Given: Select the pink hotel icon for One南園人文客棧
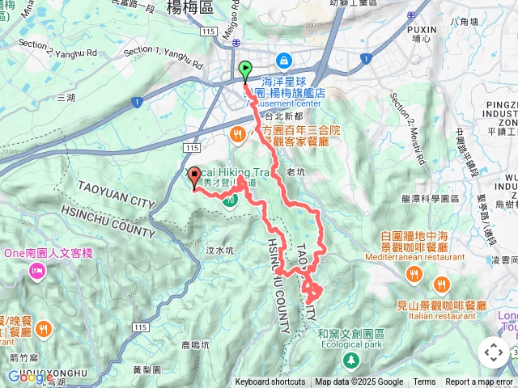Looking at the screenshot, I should click(37, 272).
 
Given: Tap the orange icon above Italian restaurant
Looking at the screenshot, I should click(441, 284).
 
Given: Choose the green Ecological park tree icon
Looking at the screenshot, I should click(350, 359).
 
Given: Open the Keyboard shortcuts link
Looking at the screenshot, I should click(270, 382).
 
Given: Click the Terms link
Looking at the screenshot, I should click(424, 382).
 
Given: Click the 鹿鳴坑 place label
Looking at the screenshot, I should click(194, 344).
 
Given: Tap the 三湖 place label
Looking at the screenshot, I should click(65, 97).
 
